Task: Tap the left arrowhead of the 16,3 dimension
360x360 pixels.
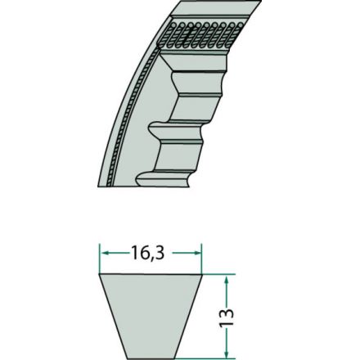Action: pos(103,254)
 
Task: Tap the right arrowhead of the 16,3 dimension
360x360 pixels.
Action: pos(199,254)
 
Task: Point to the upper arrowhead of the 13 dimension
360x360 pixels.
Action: pos(227,277)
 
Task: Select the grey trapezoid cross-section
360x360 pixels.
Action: pos(151,315)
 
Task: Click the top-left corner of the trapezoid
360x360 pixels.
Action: pos(100,274)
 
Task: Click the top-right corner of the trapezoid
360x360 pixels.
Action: pos(202,274)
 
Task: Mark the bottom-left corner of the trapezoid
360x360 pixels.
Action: pos(124,357)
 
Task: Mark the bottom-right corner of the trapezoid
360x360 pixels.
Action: pos(178,357)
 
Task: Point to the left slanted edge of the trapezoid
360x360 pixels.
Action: pos(111,315)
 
